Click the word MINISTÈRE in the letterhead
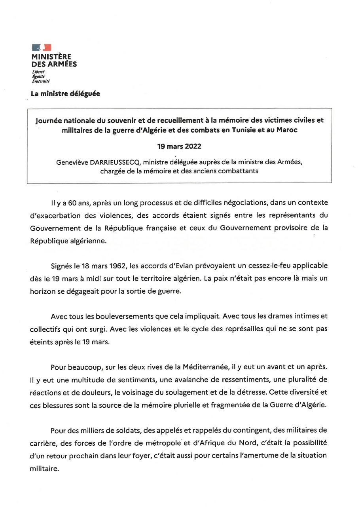pyautogui.click(x=51, y=57)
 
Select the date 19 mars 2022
pyautogui.click(x=179, y=146)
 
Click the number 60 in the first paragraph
pyautogui.click(x=78, y=203)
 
